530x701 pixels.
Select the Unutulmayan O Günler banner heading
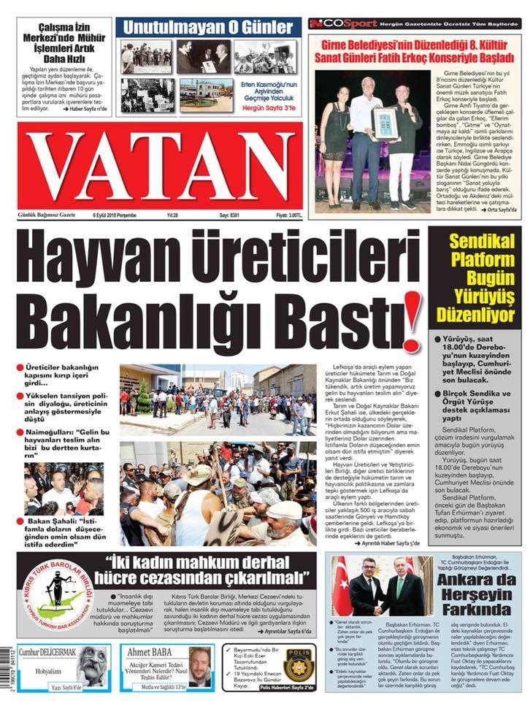207,28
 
